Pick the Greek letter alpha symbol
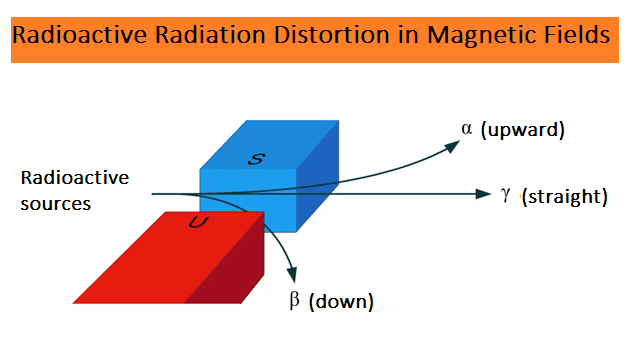tap(467, 130)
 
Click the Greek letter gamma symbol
tap(507, 195)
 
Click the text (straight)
tap(564, 196)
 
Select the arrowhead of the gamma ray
tap(483, 193)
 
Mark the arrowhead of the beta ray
tap(292, 274)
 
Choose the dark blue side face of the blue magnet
tap(318, 180)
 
